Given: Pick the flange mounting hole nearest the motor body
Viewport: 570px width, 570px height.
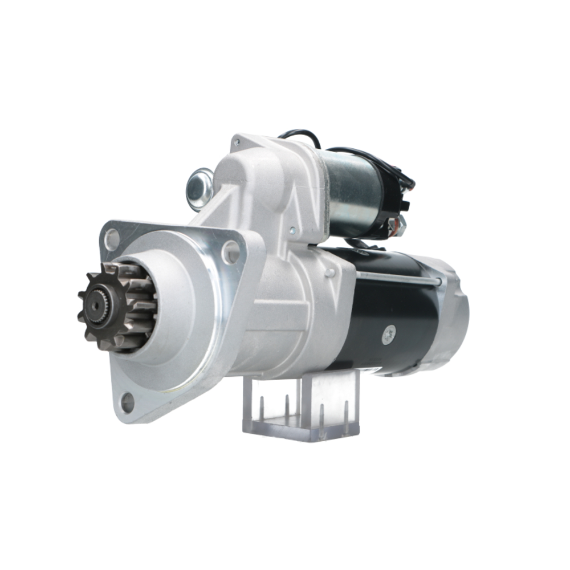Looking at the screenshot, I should pyautogui.click(x=230, y=252).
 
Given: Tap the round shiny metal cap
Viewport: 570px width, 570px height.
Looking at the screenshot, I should pyautogui.click(x=199, y=189).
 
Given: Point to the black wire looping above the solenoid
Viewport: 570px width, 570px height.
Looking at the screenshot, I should pyautogui.click(x=299, y=136).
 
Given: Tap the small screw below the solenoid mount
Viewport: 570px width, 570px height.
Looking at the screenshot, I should pyautogui.click(x=292, y=231).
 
